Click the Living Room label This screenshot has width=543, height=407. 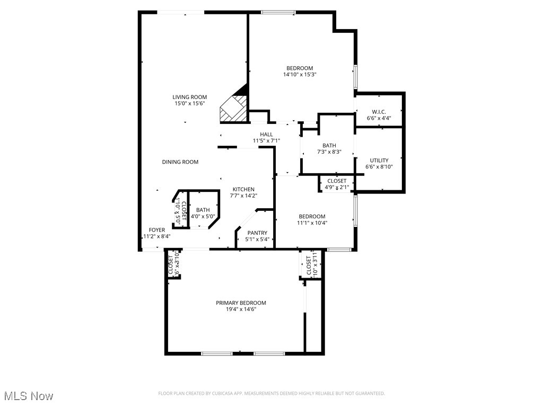pyautogui.click(x=189, y=97)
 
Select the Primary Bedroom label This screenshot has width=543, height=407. pyautogui.click(x=241, y=303)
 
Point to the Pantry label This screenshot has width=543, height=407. pyautogui.click(x=256, y=233)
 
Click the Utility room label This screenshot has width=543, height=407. pyautogui.click(x=379, y=161)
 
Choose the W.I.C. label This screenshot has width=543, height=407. pyautogui.click(x=379, y=112)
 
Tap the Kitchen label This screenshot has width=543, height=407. pyautogui.click(x=243, y=189)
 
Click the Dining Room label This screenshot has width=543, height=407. pyautogui.click(x=180, y=162)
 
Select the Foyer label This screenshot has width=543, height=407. pyautogui.click(x=156, y=230)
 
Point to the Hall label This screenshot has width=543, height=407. pyautogui.click(x=266, y=134)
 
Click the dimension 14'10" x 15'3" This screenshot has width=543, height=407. pyautogui.click(x=300, y=75)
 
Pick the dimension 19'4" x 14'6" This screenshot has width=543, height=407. pyautogui.click(x=241, y=309)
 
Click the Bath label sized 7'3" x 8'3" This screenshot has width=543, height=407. pyautogui.click(x=329, y=146)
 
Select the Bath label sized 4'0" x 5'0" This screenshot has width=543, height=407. pyautogui.click(x=203, y=210)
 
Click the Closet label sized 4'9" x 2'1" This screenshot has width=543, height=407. pyautogui.click(x=337, y=181)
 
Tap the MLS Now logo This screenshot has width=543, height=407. pyautogui.click(x=29, y=396)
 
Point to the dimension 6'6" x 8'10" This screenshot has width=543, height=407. pyautogui.click(x=379, y=167)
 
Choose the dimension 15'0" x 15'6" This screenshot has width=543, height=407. pyautogui.click(x=189, y=104)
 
